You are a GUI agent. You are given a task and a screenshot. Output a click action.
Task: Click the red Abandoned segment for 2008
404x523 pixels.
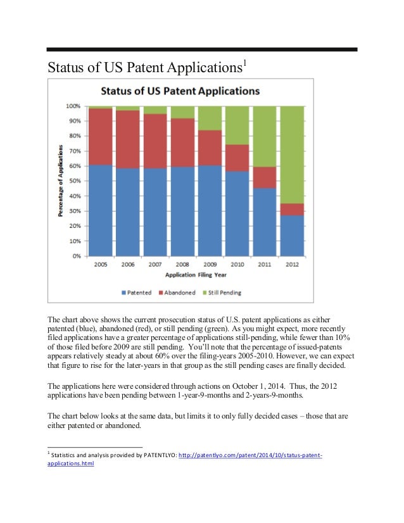point(182,142)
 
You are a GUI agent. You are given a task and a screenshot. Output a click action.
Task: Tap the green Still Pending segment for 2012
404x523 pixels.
point(292,154)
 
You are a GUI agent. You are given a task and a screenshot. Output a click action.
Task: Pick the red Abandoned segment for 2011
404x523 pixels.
point(265,177)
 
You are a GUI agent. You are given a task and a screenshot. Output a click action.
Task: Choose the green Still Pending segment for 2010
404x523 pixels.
point(237,125)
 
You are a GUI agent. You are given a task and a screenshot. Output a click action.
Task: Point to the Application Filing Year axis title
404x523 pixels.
point(196,275)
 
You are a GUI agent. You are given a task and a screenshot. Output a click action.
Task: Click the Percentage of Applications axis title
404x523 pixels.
point(61,181)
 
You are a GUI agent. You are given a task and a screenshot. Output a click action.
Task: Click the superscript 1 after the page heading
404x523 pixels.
point(244,63)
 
